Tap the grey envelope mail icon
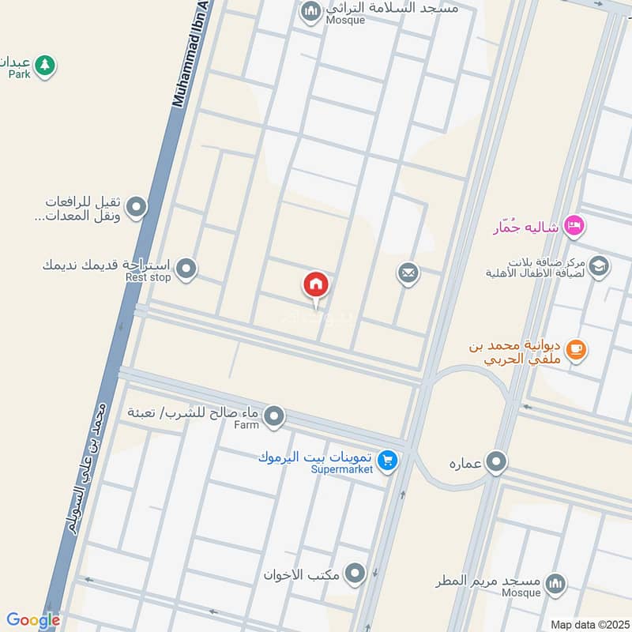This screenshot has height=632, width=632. click(408, 274)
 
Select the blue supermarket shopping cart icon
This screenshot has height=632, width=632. click(386, 459)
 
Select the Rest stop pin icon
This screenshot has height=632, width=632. click(186, 269)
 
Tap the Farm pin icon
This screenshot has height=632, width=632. click(273, 416)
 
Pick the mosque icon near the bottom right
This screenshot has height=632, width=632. click(556, 584)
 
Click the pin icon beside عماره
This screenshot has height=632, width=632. click(496, 461)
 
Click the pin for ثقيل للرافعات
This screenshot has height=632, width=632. click(137, 208)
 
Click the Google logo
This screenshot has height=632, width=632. click(33, 620)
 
